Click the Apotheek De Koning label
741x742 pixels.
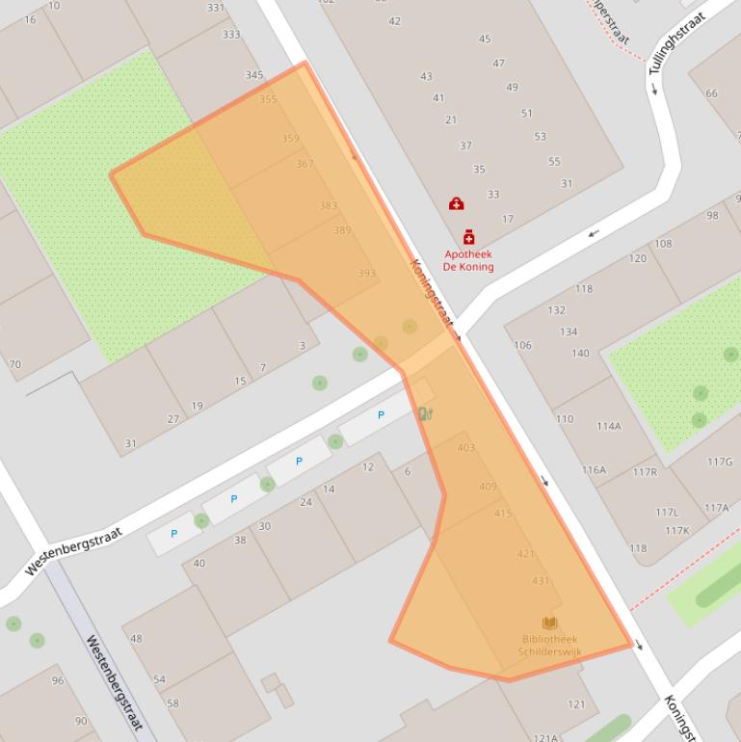468,260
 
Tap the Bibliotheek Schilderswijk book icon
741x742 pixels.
549,623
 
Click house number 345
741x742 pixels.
253,75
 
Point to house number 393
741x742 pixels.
366,274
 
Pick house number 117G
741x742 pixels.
719,462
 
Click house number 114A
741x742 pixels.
608,426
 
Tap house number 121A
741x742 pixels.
545,737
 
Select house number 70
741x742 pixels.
14,364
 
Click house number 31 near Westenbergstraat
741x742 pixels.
130,444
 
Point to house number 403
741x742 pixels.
465,448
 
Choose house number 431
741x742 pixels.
540,581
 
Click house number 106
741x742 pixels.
522,345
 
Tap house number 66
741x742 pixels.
711,93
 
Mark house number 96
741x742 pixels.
58,680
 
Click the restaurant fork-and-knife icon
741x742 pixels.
425,413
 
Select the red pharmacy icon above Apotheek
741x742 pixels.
468,237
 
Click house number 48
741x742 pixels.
136,638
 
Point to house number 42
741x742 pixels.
394,21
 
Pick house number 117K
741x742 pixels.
676,530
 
